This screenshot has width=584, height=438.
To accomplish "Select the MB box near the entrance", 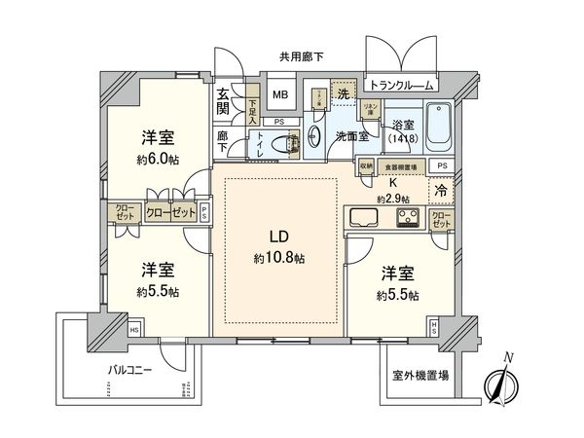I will click(279, 95).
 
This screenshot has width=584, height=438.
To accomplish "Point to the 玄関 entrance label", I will click(223, 101).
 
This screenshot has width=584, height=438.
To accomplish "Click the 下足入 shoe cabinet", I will click(252, 100).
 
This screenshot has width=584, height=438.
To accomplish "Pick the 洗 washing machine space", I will click(343, 93).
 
